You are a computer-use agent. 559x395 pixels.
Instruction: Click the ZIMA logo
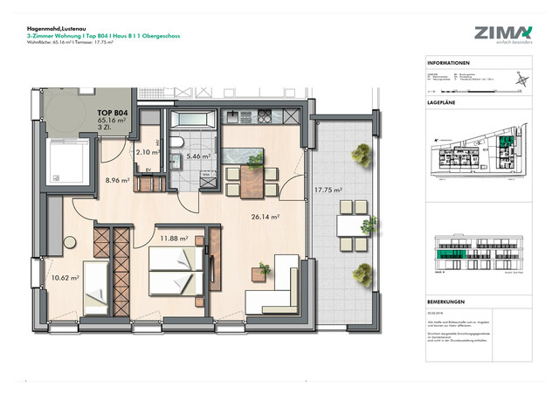click(502, 33)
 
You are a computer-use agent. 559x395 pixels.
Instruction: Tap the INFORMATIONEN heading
click(450, 64)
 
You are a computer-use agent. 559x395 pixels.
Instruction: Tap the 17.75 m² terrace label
click(328, 190)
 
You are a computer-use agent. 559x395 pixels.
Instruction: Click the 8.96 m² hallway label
click(117, 181)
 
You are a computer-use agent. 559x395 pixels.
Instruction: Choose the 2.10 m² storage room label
click(148, 152)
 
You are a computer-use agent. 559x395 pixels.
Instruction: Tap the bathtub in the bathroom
click(192, 118)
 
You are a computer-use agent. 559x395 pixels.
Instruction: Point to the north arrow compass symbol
click(521, 81)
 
